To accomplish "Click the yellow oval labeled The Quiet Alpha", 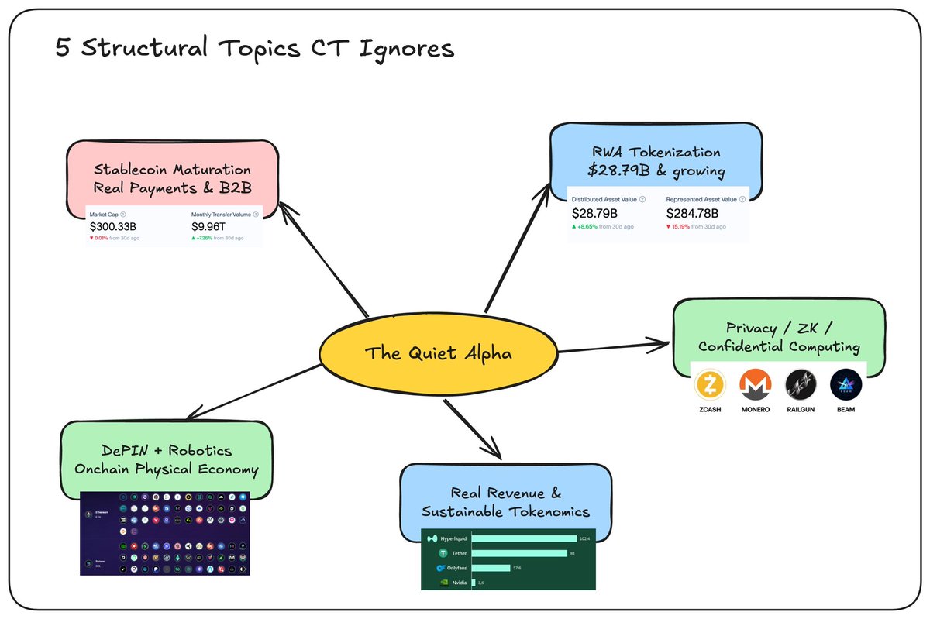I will (x=438, y=354).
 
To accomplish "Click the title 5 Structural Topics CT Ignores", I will (x=254, y=49).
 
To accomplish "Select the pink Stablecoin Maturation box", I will (x=172, y=177).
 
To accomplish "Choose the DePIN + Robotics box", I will (x=167, y=459).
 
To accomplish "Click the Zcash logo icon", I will (x=709, y=384).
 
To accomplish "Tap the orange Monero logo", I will (x=755, y=384).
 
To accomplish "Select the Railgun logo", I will (x=801, y=384).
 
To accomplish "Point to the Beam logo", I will (x=846, y=384).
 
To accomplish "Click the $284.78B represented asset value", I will (x=692, y=213).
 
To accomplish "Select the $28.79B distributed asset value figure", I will (x=594, y=213).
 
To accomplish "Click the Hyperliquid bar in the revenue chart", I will (x=524, y=538).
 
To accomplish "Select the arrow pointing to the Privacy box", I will (x=612, y=346).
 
